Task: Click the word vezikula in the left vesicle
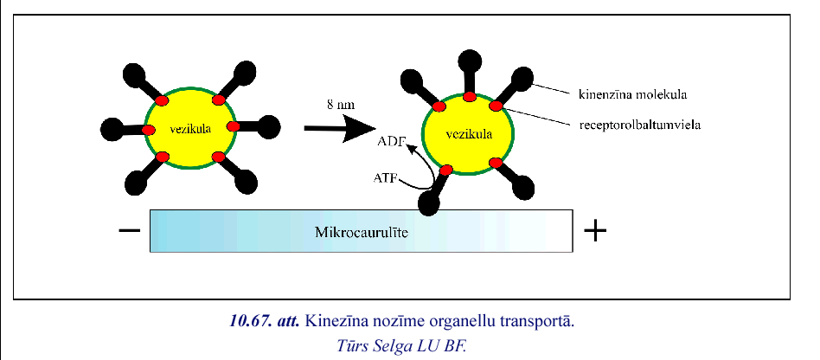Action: tap(186, 128)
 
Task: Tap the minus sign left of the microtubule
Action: tap(128, 231)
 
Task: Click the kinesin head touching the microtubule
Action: tap(430, 202)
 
